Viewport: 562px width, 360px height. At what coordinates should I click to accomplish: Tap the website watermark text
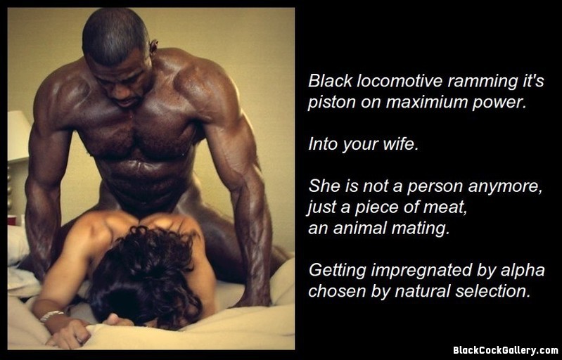tap(505, 349)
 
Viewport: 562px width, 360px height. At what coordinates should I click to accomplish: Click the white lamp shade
tap(18, 134)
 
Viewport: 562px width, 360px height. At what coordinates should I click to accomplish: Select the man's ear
tap(154, 46)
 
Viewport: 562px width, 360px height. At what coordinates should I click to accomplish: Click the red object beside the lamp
tap(12, 220)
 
